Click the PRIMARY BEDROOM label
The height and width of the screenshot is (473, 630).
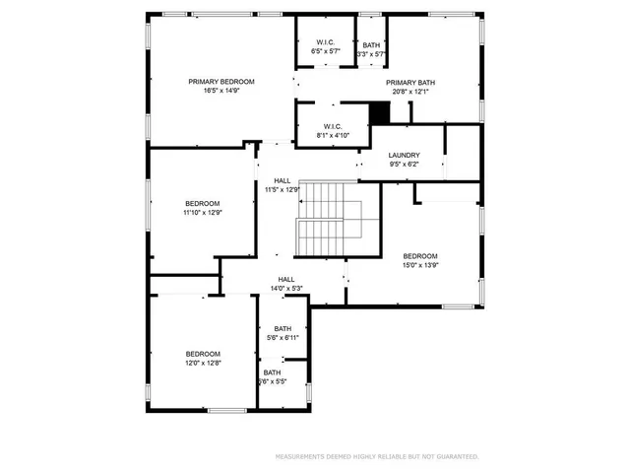222,81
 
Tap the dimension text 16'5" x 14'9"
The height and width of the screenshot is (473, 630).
222,91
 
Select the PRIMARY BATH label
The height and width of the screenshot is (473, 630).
408,83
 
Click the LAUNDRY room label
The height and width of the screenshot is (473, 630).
404,155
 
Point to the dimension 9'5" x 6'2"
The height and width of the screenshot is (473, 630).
404,165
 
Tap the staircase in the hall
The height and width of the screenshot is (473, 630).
330,220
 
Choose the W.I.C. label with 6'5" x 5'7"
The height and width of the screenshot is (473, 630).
327,41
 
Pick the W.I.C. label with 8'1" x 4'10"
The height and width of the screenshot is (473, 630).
329,125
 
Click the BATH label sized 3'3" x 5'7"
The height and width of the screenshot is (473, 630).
371,45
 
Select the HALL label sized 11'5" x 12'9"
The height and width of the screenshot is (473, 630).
283,180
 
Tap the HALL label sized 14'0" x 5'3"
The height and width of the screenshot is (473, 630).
286,279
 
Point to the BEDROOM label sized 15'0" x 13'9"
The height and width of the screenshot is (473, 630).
420,255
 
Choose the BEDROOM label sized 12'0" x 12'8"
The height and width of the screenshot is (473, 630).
203,353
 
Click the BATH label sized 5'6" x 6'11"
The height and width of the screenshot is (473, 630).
283,328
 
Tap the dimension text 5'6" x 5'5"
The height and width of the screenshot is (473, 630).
273,381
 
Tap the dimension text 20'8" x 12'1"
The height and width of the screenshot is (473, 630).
408,92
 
